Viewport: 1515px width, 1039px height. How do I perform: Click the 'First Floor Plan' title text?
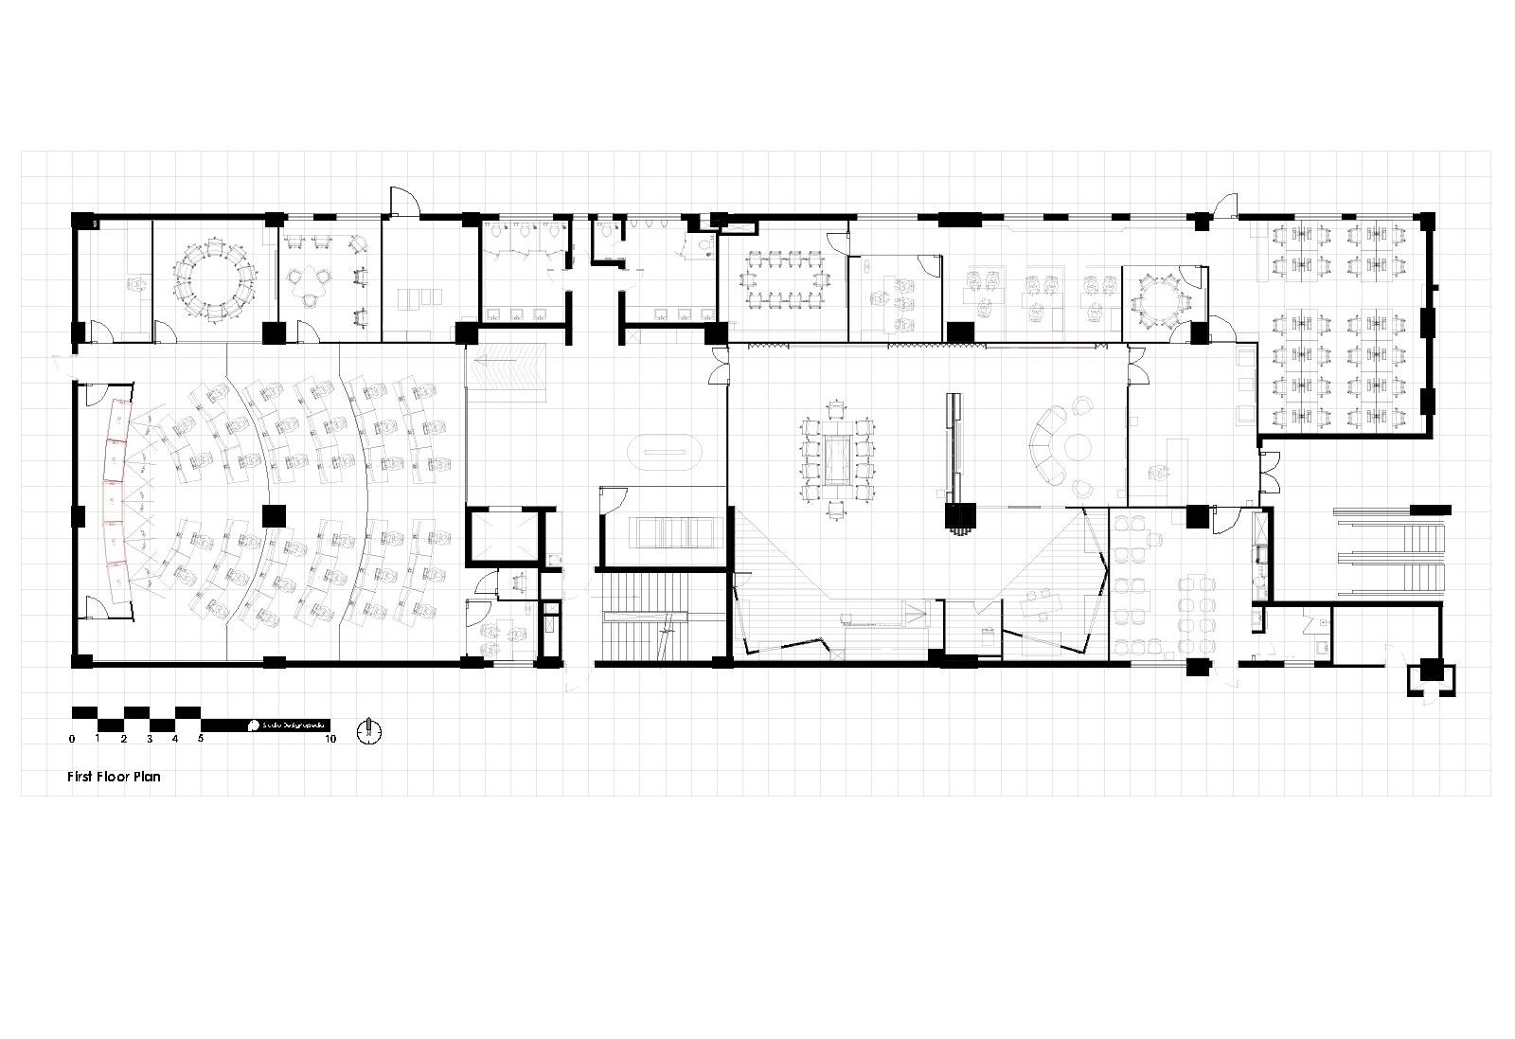[114, 777]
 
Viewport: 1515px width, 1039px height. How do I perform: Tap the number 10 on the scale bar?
[330, 739]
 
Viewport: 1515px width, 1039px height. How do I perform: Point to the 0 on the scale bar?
[72, 739]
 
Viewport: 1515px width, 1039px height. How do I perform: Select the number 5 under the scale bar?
[201, 739]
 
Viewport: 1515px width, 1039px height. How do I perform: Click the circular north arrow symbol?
[368, 730]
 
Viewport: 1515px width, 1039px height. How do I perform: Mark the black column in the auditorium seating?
[274, 515]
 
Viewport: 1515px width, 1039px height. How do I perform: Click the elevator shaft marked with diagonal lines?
[502, 538]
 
